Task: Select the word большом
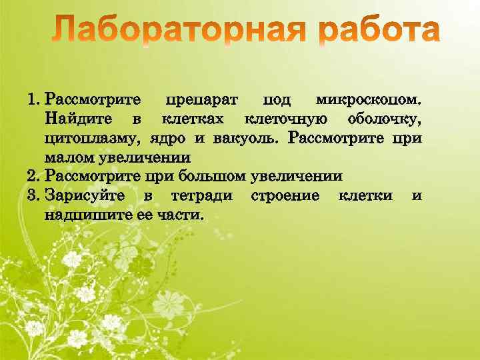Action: coord(215,177)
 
